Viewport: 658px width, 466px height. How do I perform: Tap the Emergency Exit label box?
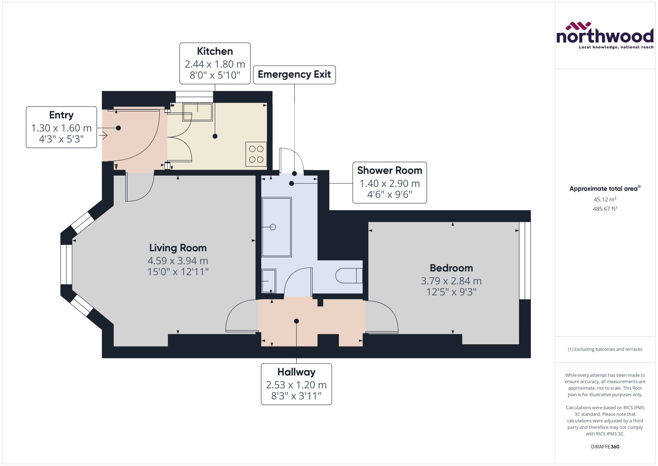tap(294, 75)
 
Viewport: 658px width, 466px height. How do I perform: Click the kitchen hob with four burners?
tap(256, 154)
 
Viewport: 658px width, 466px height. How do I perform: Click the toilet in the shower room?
tap(349, 275)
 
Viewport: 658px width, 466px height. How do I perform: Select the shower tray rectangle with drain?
tap(276, 227)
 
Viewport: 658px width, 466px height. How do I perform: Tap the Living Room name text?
tap(178, 248)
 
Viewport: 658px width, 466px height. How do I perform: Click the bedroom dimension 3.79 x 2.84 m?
tap(451, 281)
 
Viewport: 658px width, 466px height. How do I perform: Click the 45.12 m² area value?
tap(605, 199)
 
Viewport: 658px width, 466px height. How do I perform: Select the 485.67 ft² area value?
tap(605, 209)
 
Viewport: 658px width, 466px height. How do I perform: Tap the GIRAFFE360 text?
tap(605, 446)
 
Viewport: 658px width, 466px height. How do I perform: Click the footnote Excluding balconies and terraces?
tap(605, 349)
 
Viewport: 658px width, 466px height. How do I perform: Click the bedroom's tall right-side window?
tap(525, 261)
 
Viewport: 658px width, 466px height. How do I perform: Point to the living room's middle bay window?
tap(66, 264)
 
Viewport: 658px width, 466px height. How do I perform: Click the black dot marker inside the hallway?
tap(296, 321)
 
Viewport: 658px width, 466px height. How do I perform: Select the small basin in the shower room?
tap(269, 281)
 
